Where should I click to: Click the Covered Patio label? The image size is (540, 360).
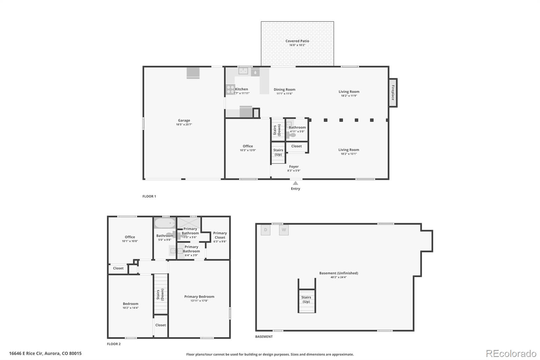[x=297, y=41]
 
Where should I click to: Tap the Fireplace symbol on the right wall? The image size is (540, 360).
[x=393, y=93]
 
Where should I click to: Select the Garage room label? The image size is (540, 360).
[x=184, y=121]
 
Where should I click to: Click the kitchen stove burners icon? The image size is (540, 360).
[x=231, y=89]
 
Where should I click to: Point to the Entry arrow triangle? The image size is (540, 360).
[x=295, y=183]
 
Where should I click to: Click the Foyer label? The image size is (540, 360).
[x=294, y=166]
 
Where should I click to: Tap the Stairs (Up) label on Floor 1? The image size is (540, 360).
[x=278, y=152]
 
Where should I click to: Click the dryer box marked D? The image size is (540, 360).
[x=266, y=230]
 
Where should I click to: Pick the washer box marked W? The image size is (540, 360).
[x=284, y=230]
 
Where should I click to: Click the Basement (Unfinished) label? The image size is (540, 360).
[x=339, y=273]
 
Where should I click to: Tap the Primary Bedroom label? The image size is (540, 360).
[x=199, y=297]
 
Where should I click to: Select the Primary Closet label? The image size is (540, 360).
[x=220, y=235]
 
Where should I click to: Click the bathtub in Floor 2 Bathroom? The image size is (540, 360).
[x=165, y=223]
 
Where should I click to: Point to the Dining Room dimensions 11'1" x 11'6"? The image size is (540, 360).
[x=285, y=94]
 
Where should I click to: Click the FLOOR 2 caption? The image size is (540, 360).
[x=114, y=344]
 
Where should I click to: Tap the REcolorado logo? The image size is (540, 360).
[x=511, y=354]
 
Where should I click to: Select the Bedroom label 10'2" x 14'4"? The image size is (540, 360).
[x=130, y=306]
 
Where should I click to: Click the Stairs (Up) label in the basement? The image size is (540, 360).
[x=306, y=300]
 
